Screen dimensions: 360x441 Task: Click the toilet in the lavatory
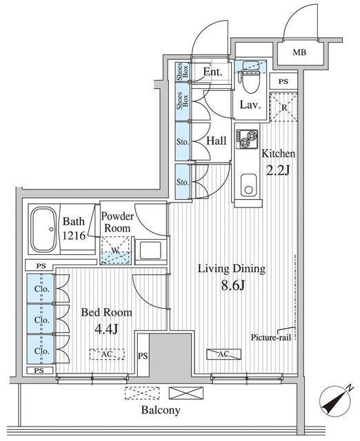tap(250, 81)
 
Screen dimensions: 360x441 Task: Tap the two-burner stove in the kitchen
tap(247, 139)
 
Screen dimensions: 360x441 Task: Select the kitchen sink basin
tap(248, 185)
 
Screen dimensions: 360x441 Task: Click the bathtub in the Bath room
tap(43, 229)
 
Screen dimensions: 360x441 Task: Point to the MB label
tap(299, 52)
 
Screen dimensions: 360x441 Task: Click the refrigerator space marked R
tap(283, 107)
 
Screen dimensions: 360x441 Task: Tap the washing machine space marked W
tap(116, 250)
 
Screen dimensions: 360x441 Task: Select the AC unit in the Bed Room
tap(107, 354)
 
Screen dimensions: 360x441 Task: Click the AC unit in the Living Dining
tap(223, 354)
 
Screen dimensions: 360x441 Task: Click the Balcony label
tap(161, 410)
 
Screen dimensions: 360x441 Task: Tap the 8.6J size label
tap(232, 286)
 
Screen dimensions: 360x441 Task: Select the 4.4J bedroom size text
tap(106, 329)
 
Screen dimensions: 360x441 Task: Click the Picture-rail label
tap(271, 337)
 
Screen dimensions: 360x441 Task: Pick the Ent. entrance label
tap(213, 72)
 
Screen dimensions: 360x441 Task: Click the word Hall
tap(216, 141)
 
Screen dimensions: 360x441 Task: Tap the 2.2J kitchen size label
tap(278, 170)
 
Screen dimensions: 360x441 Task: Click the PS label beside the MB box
tap(283, 81)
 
